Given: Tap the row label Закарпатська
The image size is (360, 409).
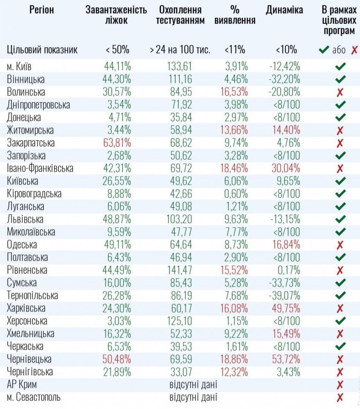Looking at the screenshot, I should coord(31,143).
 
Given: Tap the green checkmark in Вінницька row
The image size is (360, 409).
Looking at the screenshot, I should coord(340,79).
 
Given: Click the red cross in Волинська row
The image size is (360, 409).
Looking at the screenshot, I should coord(340,92).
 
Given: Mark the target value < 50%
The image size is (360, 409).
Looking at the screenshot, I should coord(118,50).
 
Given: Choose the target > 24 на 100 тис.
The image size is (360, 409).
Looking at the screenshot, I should coord(180,50).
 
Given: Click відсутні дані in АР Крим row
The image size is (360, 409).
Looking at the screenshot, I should coord(193,385).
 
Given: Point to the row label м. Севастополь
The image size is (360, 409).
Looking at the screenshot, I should coord(34,398).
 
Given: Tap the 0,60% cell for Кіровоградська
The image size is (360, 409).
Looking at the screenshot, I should coord(238,194).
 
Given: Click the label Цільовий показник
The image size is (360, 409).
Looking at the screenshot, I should coord(42,50).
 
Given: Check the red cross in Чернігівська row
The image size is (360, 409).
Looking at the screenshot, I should coord(340,372).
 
